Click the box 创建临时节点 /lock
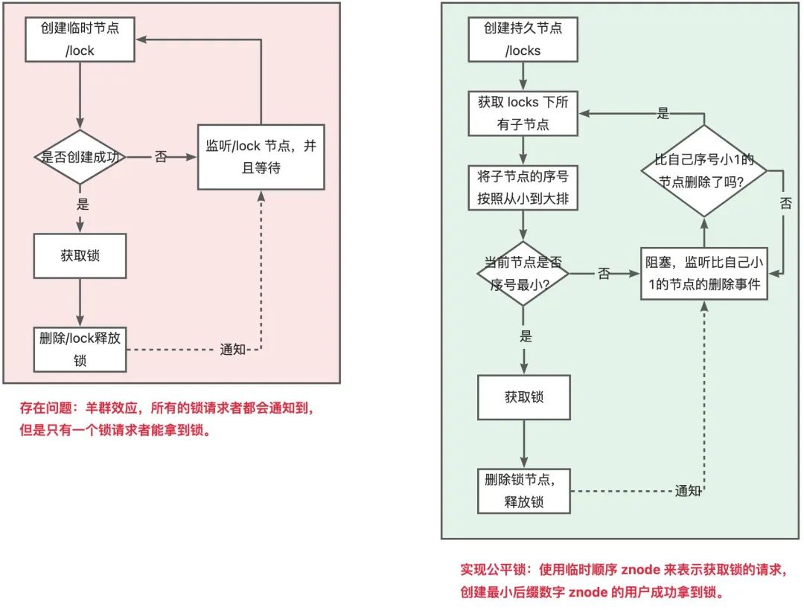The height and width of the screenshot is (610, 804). coord(80,39)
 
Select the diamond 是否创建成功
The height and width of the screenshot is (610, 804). coord(80,157)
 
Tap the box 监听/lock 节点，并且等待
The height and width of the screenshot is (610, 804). coord(261,157)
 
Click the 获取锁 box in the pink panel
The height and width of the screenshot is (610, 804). coord(80,255)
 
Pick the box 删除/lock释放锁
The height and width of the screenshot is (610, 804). coord(80,349)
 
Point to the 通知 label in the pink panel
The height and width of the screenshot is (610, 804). coord(233,350)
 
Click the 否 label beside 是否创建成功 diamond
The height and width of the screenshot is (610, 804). coord(161,157)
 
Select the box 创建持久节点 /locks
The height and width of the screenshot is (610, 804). coord(523,39)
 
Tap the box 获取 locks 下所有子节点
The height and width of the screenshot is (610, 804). coord(523,113)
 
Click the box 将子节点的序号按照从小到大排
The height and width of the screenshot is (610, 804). coord(523,189)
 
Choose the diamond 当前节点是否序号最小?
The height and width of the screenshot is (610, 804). coord(523,273)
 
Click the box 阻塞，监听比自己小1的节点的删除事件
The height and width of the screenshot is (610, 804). coord(704,273)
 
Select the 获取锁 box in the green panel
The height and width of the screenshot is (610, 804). coord(523,396)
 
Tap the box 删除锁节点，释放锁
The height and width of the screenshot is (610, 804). coord(523,491)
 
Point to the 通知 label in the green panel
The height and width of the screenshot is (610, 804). coord(688,491)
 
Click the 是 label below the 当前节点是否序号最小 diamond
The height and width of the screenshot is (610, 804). coord(526,336)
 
